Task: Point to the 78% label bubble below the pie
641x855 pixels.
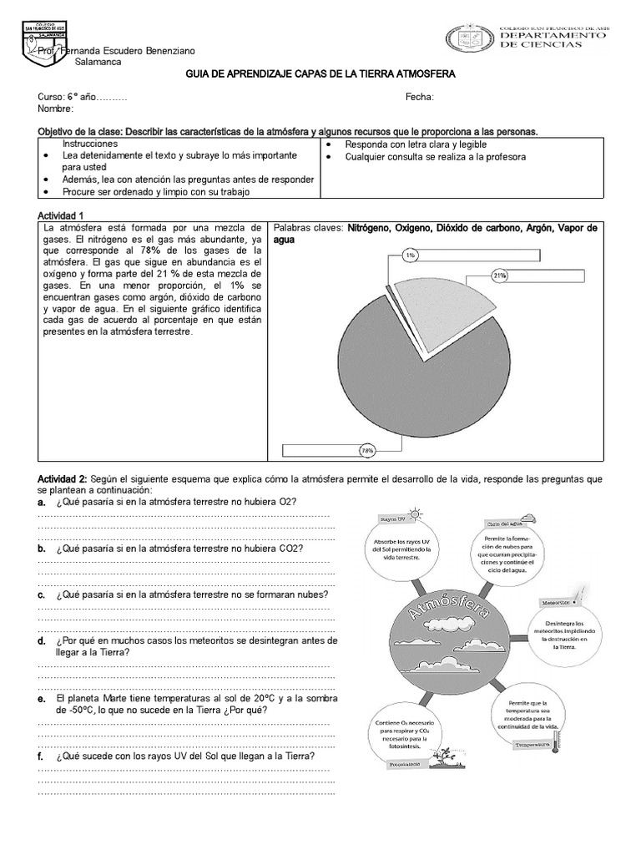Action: pyautogui.click(x=366, y=450)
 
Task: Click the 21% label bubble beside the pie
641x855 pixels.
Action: pyautogui.click(x=500, y=273)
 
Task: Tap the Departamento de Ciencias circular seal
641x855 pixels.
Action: pyautogui.click(x=470, y=38)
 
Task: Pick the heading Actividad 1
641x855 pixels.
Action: pyautogui.click(x=62, y=215)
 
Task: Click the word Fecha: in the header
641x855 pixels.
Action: pyautogui.click(x=420, y=97)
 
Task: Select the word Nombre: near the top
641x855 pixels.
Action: pyautogui.click(x=56, y=109)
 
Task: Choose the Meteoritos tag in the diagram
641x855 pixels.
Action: pyautogui.click(x=556, y=601)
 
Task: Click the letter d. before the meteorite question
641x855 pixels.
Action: pyautogui.click(x=42, y=641)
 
